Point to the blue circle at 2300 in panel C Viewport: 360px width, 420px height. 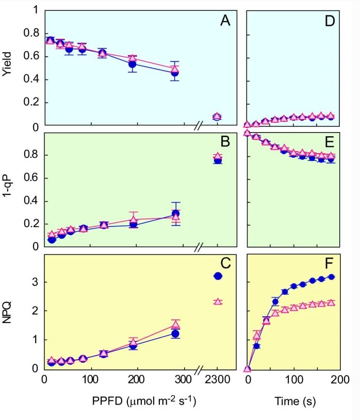[218, 276]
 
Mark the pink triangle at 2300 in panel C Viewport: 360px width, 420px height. [218, 301]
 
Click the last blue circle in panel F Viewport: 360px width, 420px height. [331, 277]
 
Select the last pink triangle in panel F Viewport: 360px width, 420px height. [331, 303]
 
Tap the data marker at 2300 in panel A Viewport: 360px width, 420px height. [217, 117]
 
